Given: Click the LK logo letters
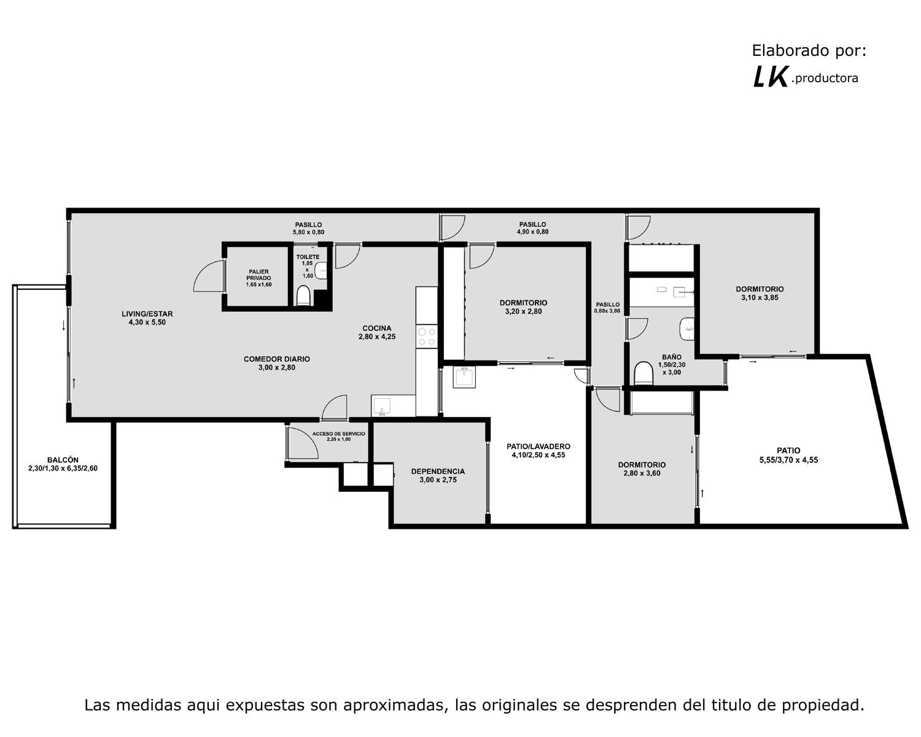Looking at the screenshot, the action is coord(770,77).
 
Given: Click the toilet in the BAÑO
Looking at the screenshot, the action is coord(643,373).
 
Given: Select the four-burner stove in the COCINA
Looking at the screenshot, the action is coord(426,336).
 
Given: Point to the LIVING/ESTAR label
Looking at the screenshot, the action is coord(147,318).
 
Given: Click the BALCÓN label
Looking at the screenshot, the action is coord(63,464).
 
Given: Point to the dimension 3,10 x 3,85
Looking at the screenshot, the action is coord(760,298).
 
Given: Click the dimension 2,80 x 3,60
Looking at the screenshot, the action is coord(642,473).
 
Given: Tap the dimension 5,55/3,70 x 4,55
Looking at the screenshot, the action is coord(789,460).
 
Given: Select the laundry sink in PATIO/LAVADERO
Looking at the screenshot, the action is coord(464,377).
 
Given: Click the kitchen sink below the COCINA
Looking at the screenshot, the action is coord(382,406).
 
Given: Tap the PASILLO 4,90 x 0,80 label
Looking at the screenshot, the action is coord(532,228).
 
